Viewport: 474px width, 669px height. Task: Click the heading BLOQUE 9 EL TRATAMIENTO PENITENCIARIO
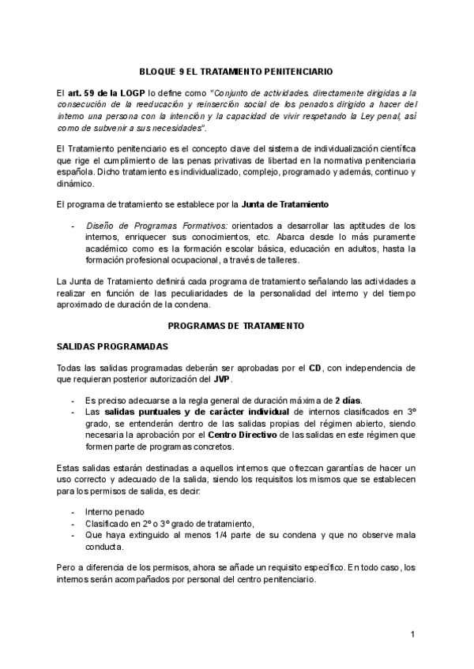[x=236, y=70]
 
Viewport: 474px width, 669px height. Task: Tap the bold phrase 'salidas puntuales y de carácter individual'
[x=197, y=411]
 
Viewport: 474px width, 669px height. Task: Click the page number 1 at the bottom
[x=412, y=634]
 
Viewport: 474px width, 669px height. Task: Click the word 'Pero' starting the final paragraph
[x=66, y=566]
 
